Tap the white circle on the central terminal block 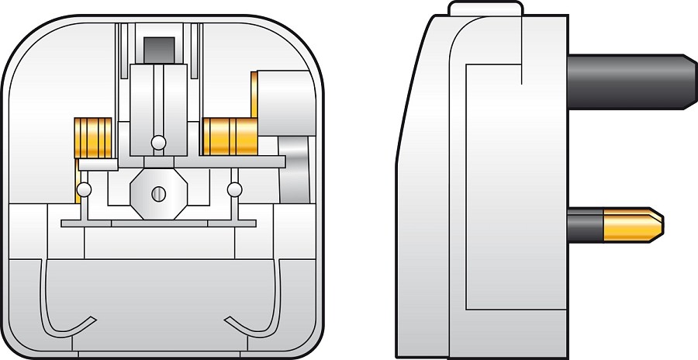[158, 143]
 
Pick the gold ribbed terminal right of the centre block [228, 136]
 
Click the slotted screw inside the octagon [159, 193]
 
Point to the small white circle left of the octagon [85, 189]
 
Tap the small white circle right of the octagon [233, 189]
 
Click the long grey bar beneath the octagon [158, 223]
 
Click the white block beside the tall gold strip [283, 101]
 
